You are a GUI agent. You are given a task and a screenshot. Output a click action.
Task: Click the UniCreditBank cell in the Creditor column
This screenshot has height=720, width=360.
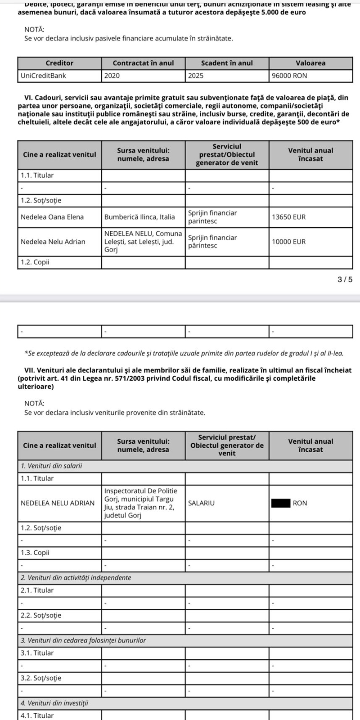tap(43, 76)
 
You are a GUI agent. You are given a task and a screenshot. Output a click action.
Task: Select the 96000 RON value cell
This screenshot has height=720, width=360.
tap(289, 76)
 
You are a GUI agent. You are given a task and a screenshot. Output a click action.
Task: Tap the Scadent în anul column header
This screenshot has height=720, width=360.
tap(227, 63)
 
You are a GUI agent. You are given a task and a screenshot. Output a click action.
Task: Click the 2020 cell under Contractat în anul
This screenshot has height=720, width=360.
tap(112, 76)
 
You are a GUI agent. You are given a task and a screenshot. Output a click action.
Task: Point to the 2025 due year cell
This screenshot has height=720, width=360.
tap(196, 76)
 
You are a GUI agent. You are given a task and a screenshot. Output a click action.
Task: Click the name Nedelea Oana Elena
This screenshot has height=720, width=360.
tap(52, 217)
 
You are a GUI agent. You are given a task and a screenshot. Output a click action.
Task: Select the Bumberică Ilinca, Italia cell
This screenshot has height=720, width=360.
tap(139, 217)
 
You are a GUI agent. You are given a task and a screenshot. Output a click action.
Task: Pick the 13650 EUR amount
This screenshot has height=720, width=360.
tap(288, 217)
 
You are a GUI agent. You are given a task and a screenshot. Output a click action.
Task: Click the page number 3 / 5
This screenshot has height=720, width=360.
tap(345, 279)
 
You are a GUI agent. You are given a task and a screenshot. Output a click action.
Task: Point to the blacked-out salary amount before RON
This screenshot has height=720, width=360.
tap(280, 503)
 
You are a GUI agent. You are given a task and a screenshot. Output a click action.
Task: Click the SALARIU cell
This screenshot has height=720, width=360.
tap(202, 503)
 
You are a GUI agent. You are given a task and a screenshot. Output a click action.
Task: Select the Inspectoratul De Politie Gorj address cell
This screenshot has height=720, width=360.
tap(141, 503)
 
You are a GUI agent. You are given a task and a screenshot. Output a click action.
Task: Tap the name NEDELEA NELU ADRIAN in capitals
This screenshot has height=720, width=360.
tap(58, 503)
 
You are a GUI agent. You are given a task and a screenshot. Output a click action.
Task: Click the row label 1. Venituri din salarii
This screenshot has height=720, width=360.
tap(51, 466)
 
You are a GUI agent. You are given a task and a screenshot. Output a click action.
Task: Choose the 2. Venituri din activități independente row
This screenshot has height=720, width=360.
tap(76, 577)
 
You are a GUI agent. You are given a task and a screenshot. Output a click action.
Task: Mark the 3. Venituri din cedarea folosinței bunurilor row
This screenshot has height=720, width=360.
tap(83, 640)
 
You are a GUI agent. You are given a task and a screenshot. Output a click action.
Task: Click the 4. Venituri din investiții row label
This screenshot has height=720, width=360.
tap(54, 703)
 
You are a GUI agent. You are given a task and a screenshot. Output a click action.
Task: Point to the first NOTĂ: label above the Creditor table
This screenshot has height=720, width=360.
tap(34, 29)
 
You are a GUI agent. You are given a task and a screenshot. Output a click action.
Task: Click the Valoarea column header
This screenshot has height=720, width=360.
tap(310, 63)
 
